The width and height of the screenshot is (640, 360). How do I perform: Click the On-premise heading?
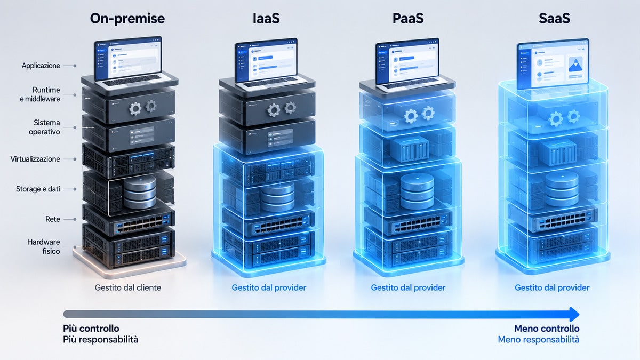point(127,19)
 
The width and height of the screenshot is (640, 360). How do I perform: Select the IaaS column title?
point(266,18)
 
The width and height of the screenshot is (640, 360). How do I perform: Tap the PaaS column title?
point(408,18)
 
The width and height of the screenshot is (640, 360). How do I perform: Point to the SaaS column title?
point(555,18)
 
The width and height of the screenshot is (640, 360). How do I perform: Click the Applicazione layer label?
point(41,66)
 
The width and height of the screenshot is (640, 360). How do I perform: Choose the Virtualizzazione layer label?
point(35,159)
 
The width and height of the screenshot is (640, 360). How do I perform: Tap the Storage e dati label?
point(38,189)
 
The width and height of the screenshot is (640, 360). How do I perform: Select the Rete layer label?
point(53,219)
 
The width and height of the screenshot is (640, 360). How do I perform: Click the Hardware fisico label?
point(44,246)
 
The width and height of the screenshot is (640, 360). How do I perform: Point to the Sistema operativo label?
point(44,127)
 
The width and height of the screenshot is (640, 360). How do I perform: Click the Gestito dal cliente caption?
point(127,287)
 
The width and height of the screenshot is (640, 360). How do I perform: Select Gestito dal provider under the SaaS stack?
point(552,287)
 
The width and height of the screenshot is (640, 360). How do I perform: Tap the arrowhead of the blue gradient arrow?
point(574,314)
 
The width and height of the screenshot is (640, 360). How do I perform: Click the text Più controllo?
point(91,329)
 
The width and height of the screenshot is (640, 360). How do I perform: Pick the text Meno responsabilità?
point(539,339)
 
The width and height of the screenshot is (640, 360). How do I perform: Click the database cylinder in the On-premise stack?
point(140,191)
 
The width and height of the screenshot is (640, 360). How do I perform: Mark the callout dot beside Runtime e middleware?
point(75,95)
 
